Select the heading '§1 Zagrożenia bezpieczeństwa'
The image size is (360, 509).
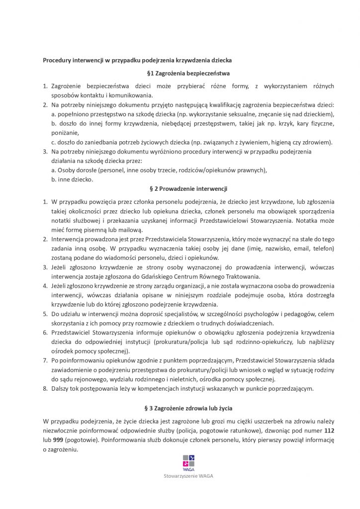pos(187,74)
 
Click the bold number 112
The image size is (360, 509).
pos(329,430)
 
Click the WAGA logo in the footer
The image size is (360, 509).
pos(188,462)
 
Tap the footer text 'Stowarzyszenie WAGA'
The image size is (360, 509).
pos(187,476)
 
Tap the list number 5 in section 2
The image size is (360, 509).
pos(44,314)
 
